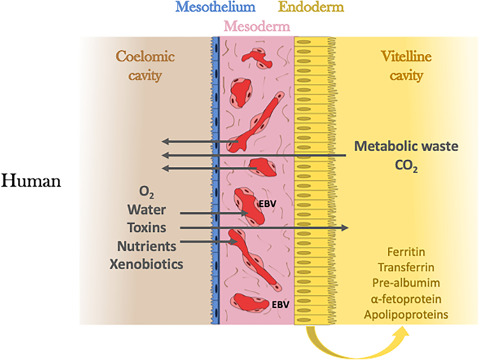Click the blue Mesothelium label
pos(215,8)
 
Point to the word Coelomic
pos(145,57)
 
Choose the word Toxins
pos(145,227)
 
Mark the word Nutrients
pos(145,245)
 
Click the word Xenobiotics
pos(145,264)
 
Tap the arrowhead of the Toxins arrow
pos(345,227)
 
